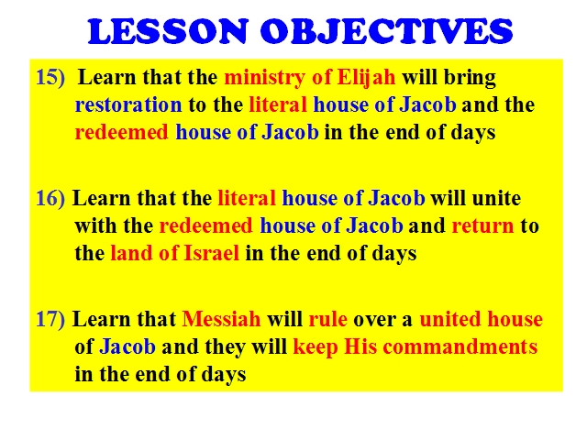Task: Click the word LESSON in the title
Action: point(168,31)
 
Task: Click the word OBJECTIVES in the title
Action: point(387,31)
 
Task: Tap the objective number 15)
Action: point(50,77)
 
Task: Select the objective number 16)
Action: point(50,198)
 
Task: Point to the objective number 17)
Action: point(50,320)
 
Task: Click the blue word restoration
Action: point(128,104)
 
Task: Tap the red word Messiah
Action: point(221,319)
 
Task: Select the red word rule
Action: point(328,319)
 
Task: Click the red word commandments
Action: point(460,346)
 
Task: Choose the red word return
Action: point(483,226)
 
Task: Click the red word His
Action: point(360,346)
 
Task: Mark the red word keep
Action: point(316,347)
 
